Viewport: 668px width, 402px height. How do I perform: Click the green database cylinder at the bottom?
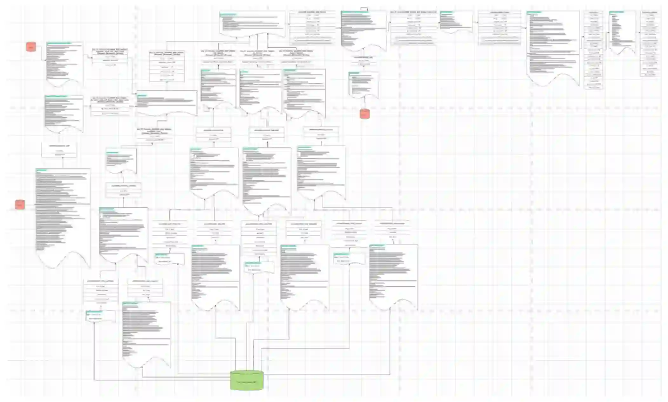coord(247,380)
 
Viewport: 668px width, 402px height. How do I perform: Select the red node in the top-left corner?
coord(31,47)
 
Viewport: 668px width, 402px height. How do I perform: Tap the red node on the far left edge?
coord(20,204)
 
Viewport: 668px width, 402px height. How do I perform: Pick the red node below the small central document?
coord(364,113)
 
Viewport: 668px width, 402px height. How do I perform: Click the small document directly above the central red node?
coord(364,84)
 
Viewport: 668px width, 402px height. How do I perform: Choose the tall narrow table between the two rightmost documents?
coord(593,50)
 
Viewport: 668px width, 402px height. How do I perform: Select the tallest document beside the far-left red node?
coord(63,216)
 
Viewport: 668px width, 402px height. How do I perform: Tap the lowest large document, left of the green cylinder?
coord(146,333)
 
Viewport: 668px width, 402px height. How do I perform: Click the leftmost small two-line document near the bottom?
coord(100,316)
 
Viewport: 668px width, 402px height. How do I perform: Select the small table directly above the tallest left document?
coord(59,150)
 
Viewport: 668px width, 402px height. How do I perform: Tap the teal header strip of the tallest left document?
coord(42,170)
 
